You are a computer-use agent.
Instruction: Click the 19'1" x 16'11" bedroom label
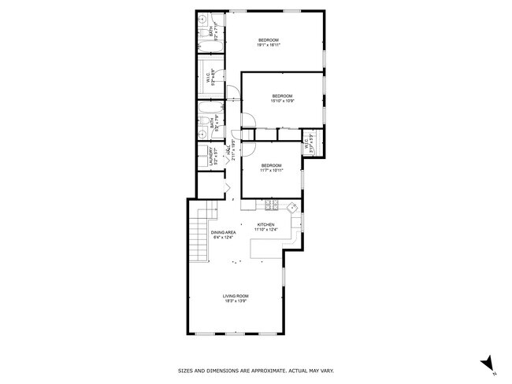(269, 42)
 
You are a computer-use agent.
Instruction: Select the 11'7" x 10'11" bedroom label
(271, 168)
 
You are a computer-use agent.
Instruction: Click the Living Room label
(236, 298)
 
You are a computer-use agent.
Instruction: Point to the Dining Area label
(224, 235)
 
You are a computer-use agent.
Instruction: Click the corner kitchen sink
(291, 208)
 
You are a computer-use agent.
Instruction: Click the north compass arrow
(488, 364)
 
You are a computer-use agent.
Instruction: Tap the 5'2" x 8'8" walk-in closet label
(210, 79)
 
